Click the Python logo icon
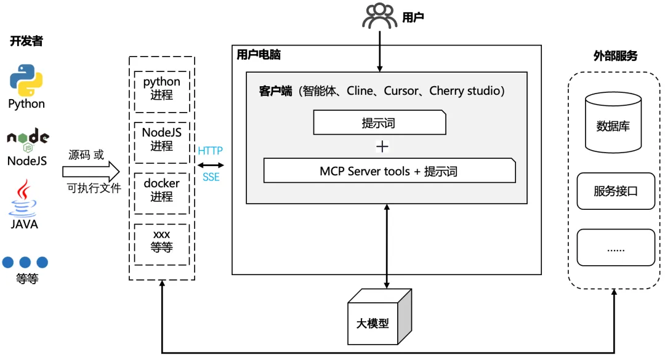[x=26, y=81]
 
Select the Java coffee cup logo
[x=24, y=198]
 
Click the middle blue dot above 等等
[x=25, y=263]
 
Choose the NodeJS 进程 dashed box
[x=162, y=140]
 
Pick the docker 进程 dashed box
[x=162, y=190]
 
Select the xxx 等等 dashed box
[x=162, y=241]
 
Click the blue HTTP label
[x=211, y=151]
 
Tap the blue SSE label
[x=211, y=178]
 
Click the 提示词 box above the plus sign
[x=379, y=122]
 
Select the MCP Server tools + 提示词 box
[x=389, y=171]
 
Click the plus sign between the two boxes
[x=382, y=146]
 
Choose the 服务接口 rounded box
[x=615, y=191]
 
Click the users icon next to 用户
[x=379, y=17]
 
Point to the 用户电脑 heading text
[x=259, y=55]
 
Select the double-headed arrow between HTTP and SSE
[x=211, y=164]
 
